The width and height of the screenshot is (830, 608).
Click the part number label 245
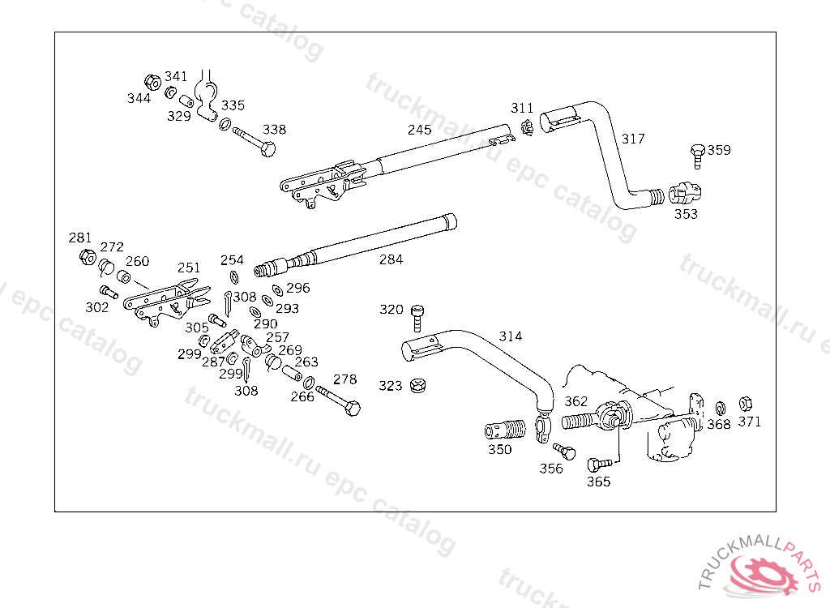(x=419, y=130)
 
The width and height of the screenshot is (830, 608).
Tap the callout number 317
(x=633, y=139)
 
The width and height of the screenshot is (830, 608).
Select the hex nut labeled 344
(x=153, y=82)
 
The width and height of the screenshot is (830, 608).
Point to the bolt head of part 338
(x=268, y=149)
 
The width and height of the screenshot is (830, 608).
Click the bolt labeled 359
(x=698, y=156)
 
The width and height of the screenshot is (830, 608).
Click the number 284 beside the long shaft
(x=391, y=259)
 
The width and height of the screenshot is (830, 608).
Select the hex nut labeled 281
(x=88, y=257)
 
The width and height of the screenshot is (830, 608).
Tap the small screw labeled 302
(x=109, y=291)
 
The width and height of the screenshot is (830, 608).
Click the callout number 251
(x=189, y=268)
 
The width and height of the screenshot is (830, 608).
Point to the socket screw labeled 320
(x=417, y=317)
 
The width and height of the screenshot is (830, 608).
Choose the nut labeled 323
(x=417, y=385)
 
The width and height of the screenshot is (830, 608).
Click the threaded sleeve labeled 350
(x=505, y=430)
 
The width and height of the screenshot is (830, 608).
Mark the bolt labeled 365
(x=599, y=464)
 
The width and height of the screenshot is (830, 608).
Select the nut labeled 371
(x=746, y=404)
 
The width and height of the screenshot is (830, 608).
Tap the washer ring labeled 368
(x=720, y=409)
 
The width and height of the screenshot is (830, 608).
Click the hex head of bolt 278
(x=353, y=409)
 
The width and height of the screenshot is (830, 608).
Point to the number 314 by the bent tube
(x=511, y=336)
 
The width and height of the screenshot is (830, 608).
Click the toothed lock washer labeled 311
(x=527, y=127)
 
